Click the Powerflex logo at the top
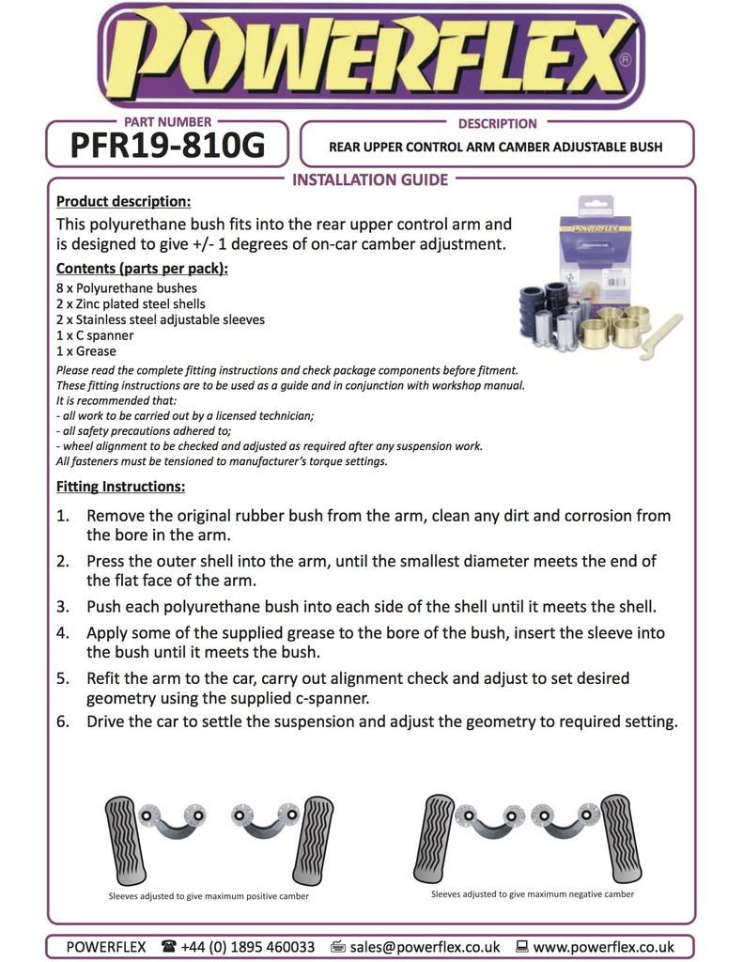[x=371, y=56]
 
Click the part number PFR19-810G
[x=167, y=146]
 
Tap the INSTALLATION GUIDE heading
[x=371, y=179]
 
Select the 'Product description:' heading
[x=123, y=201]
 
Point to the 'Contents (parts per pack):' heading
[x=142, y=269]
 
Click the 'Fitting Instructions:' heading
[x=120, y=487]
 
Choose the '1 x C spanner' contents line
[x=95, y=335]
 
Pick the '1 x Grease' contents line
[x=86, y=351]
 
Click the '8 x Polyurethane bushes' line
[x=127, y=288]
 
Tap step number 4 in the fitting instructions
[x=63, y=633]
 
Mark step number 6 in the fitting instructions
[x=63, y=721]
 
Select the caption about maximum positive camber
[x=209, y=895]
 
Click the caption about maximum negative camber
[x=533, y=893]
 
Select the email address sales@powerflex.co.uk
[x=424, y=946]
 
